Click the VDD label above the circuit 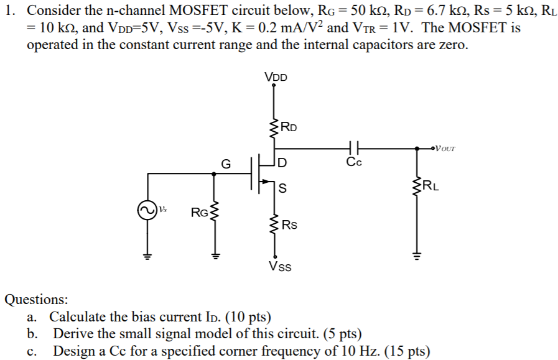point(276,78)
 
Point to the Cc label point(354,163)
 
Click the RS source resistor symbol point(273,223)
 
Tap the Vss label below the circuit point(280,267)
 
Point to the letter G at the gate point(226,165)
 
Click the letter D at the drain point(283,164)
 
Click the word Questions point(37,300)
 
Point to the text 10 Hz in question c point(355,351)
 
